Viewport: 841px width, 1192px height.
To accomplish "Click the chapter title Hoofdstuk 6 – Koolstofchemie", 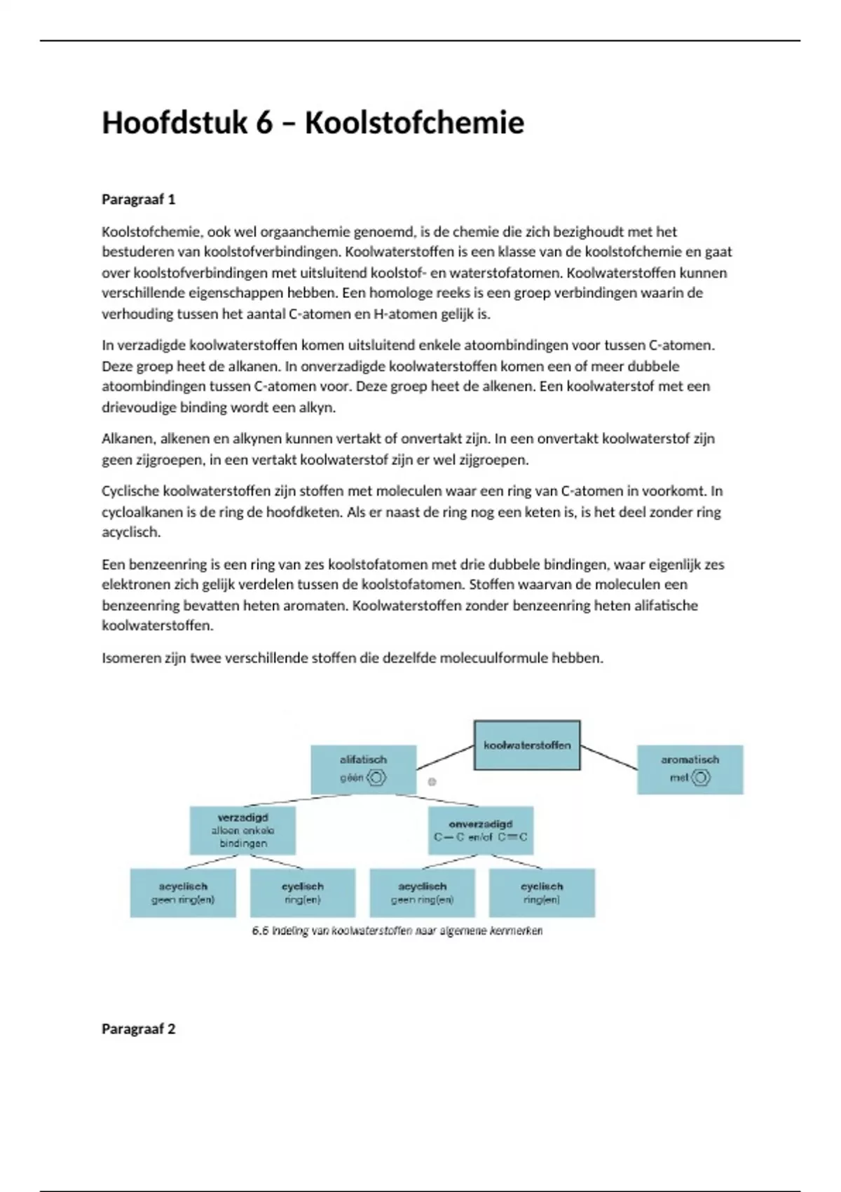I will click(x=313, y=123).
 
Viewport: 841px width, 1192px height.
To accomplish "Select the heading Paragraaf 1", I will click(x=138, y=200).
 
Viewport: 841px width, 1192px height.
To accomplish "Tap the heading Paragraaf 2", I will click(x=138, y=1029).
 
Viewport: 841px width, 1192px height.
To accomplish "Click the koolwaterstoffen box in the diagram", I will click(x=527, y=745).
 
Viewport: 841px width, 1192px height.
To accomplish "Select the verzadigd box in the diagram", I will click(x=242, y=830).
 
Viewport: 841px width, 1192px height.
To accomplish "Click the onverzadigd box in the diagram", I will click(x=480, y=830).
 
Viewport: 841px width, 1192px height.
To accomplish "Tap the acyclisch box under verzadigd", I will click(x=183, y=893).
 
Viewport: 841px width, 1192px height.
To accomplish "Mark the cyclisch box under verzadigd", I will click(x=303, y=893).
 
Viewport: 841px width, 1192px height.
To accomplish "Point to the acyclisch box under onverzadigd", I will click(x=422, y=893).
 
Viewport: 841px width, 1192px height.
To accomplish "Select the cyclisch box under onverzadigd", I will click(x=542, y=893).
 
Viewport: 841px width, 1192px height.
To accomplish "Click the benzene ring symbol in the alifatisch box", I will click(x=376, y=778).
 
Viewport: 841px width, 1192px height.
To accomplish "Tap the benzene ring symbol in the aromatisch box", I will click(x=700, y=778).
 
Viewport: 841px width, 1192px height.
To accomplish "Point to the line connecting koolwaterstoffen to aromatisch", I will click(x=609, y=758).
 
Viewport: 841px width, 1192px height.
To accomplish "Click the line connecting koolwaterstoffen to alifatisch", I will click(x=445, y=758).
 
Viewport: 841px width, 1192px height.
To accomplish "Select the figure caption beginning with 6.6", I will click(x=397, y=931).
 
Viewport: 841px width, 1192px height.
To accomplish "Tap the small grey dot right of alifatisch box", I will click(x=432, y=782).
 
